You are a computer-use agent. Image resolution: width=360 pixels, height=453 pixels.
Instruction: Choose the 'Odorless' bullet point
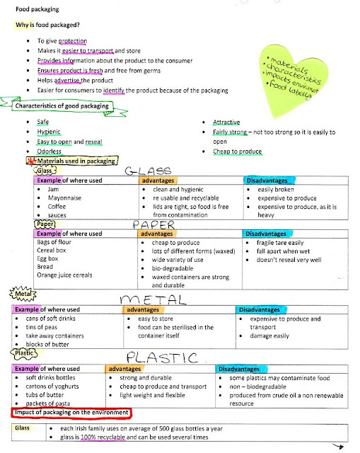coord(49,151)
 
